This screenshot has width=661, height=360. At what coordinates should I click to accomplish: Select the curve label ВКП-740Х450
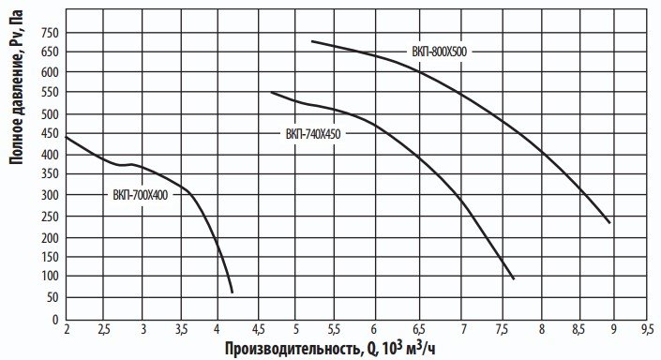tap(313, 134)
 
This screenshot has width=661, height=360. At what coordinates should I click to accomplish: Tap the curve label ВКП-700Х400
tap(140, 195)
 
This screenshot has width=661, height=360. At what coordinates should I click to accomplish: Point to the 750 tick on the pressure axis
tap(49, 32)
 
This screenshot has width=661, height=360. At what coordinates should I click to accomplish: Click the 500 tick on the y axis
tap(49, 114)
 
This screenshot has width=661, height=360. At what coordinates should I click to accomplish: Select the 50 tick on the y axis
tap(52, 297)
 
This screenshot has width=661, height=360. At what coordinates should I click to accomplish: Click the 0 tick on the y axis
tap(54, 318)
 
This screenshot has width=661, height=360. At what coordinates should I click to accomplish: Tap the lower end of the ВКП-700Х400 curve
tap(233, 292)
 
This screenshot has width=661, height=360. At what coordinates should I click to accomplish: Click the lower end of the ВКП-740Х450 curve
tap(514, 278)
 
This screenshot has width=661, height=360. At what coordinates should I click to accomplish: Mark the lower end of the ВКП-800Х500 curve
tap(609, 222)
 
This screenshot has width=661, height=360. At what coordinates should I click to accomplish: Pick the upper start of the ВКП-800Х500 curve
tap(311, 41)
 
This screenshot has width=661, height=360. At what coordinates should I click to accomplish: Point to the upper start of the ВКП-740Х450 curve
tap(271, 92)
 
